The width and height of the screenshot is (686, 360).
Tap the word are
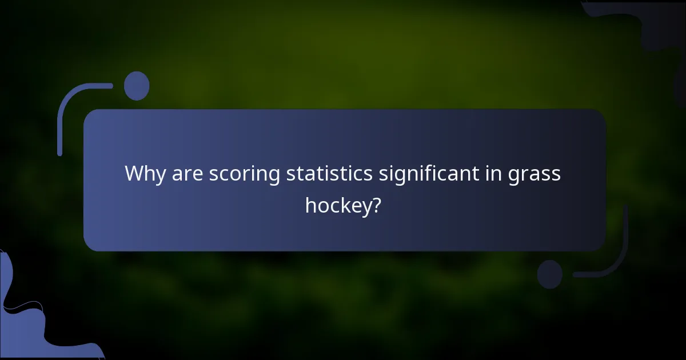coord(188,174)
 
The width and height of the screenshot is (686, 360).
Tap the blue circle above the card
coord(136,86)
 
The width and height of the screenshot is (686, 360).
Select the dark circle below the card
coord(550,274)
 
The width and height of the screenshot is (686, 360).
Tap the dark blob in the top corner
coord(657,23)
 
